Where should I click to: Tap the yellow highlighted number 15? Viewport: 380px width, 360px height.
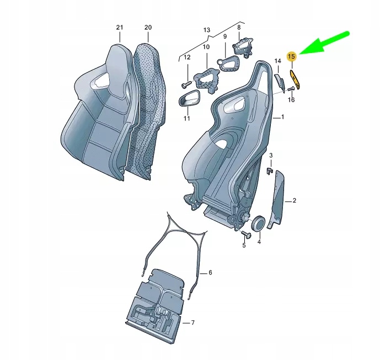292,56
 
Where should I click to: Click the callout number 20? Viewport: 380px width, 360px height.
147,27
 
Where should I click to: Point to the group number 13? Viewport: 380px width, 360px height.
207,29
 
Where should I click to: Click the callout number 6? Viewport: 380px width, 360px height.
210,273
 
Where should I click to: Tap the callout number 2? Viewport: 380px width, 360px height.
295,201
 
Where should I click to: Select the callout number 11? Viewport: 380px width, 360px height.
186,118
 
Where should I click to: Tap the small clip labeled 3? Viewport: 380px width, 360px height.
269,171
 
